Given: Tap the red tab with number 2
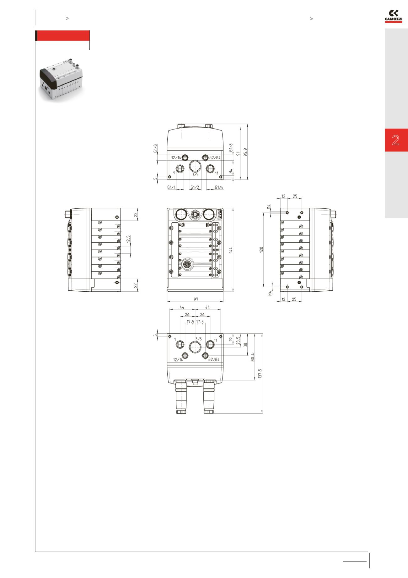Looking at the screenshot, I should [x=396, y=140].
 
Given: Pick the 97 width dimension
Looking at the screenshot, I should [x=196, y=299].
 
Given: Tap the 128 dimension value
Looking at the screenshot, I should [x=261, y=250].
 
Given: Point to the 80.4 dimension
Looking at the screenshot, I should [x=253, y=357].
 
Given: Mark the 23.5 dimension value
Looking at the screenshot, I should [x=238, y=341].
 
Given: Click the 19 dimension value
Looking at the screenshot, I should [x=231, y=339].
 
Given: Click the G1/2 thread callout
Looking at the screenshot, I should [x=195, y=188].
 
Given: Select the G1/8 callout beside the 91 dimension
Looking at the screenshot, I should [x=231, y=148].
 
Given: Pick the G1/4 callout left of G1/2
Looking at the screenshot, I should [x=171, y=188].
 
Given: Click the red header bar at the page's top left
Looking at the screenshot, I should [x=63, y=36].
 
